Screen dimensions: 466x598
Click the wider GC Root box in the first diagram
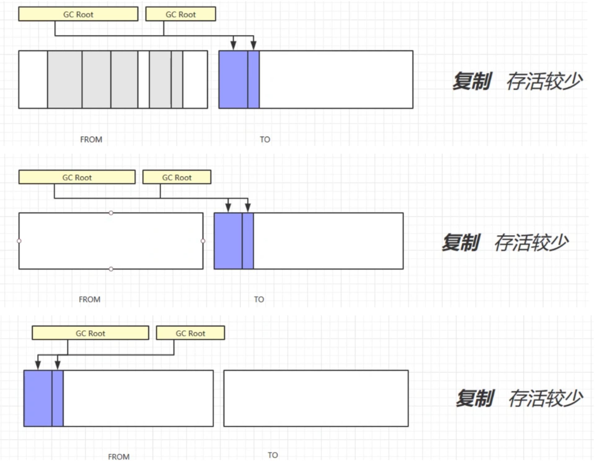pos(78,14)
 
